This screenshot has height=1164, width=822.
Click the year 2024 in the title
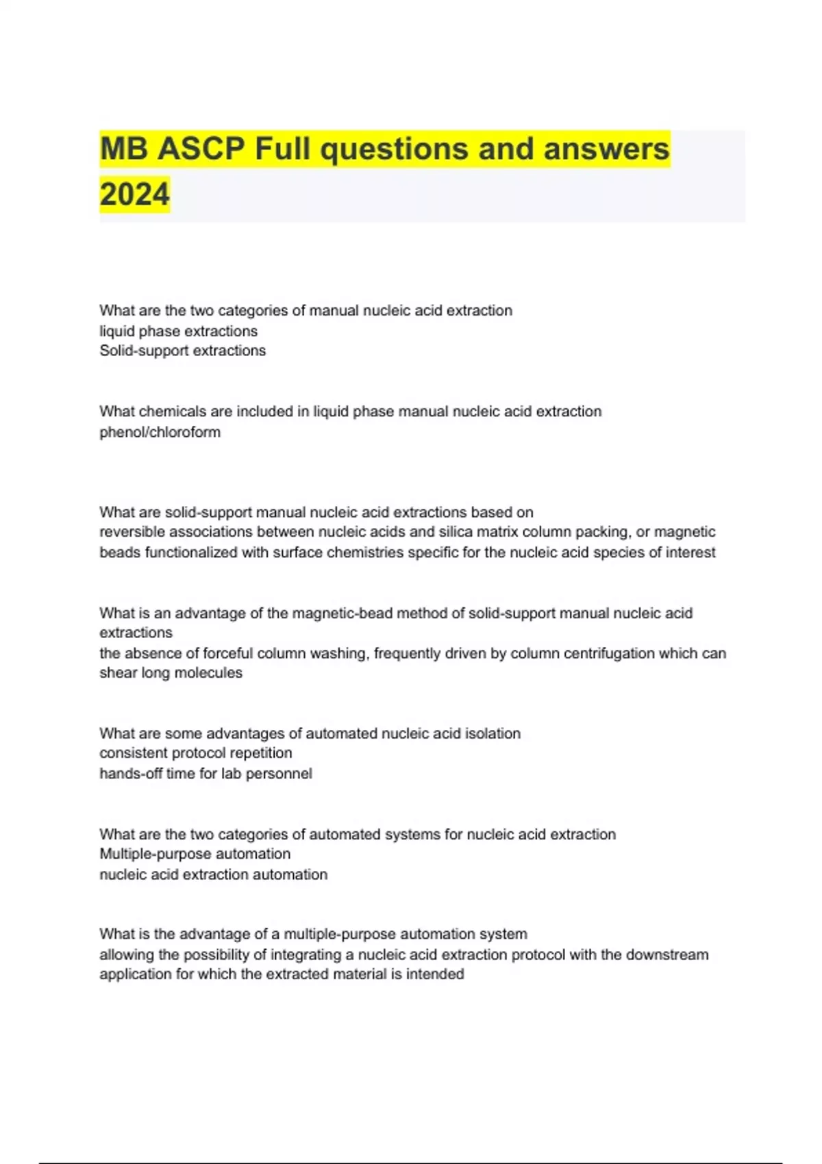[x=134, y=194]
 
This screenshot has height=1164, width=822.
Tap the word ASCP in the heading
[x=201, y=149]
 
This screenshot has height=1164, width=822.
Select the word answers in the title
[x=606, y=149]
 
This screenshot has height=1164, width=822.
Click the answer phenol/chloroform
[x=160, y=432]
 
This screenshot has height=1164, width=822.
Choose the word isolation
[x=493, y=733]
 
